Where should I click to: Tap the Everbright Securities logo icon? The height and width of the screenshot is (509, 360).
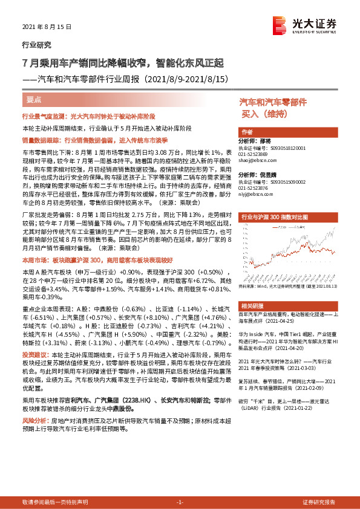click(x=280, y=24)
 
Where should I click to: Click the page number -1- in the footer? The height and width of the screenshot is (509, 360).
click(x=180, y=502)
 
